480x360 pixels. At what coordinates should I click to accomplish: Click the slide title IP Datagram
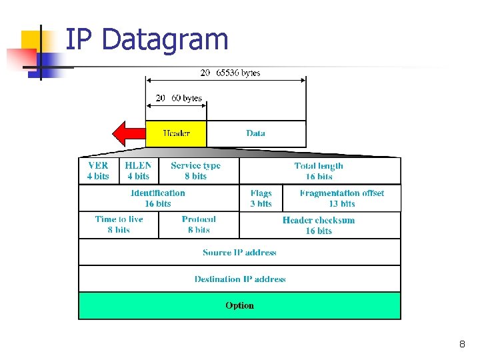point(147,39)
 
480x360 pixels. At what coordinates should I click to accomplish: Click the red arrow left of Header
point(128,133)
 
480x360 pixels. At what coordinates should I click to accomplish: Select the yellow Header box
point(176,133)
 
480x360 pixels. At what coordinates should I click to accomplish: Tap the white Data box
point(256,133)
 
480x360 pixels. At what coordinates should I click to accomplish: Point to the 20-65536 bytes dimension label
point(230,73)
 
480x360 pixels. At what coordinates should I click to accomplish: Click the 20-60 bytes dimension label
point(179,98)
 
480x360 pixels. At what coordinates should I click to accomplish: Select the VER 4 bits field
point(98,171)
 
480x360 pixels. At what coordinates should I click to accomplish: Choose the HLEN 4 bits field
point(138,171)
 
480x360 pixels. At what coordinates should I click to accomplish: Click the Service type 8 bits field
point(196,171)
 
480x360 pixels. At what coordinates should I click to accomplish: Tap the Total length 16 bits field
point(319,171)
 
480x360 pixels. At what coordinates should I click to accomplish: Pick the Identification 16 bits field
point(158,198)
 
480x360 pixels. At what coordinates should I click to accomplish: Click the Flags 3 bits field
point(261,198)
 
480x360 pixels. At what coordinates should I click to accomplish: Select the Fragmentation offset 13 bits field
point(342,198)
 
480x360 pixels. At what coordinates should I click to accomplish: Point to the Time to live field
point(119,225)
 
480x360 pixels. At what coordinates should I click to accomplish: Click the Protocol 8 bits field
point(199,225)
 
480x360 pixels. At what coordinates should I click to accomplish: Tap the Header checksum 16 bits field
point(319,225)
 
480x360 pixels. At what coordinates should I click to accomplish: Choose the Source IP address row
point(239,252)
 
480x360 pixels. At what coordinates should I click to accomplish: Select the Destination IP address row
point(239,279)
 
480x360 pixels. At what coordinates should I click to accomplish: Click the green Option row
point(239,305)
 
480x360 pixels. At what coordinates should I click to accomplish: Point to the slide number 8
point(461,345)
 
